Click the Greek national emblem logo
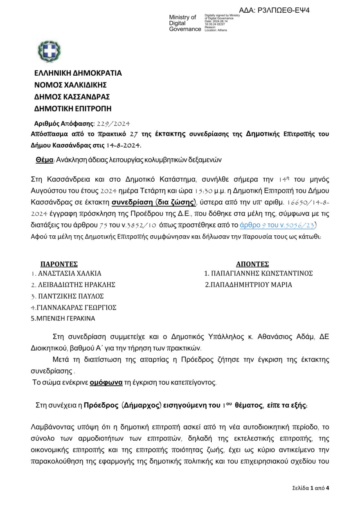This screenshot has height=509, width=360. [49, 52]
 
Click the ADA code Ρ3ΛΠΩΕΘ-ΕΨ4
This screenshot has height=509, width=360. [274, 10]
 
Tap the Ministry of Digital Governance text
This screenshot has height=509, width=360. [185, 23]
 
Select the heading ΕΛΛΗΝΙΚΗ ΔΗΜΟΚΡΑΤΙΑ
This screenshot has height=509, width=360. [78, 74]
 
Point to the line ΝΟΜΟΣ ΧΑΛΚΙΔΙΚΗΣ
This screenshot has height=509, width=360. [70, 85]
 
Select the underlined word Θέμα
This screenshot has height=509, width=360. [45, 160]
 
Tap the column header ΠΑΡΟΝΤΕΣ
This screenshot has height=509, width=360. [59, 264]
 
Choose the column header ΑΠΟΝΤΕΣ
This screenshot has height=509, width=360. [252, 264]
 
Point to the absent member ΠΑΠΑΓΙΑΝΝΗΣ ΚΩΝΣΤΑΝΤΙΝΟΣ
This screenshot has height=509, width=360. [259, 274]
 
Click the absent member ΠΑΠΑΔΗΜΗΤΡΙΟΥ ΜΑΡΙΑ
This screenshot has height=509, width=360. [249, 285]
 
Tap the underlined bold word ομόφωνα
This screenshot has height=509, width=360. [106, 383]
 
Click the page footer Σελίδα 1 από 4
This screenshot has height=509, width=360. [310, 488]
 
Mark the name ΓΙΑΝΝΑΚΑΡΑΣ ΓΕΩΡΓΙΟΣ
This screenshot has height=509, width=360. [74, 307]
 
